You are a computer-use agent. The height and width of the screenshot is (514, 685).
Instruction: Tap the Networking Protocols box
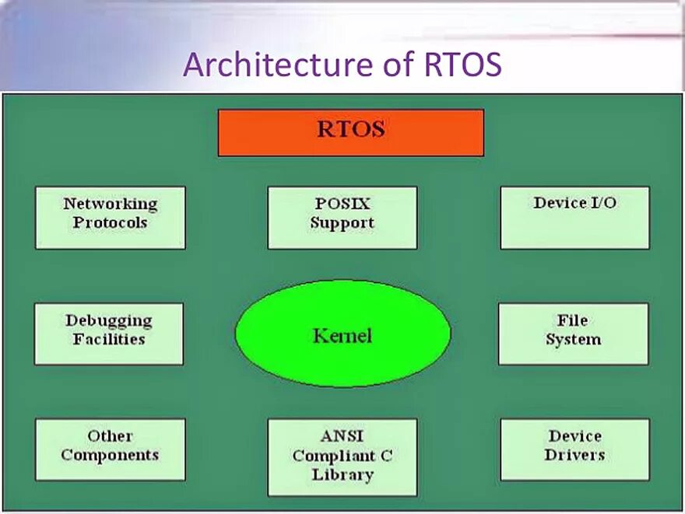point(110,218)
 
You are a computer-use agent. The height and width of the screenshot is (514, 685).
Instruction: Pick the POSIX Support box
point(342,218)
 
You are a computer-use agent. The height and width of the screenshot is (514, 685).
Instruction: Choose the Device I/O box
point(574,218)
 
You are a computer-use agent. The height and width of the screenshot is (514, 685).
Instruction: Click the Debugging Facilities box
point(109,334)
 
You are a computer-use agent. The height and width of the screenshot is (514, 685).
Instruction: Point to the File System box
point(573,334)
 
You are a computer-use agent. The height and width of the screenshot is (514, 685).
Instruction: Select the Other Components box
point(110,449)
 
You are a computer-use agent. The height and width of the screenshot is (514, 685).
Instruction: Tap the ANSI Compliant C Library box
point(342,457)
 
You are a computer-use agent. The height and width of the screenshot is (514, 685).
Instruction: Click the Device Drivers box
point(574,449)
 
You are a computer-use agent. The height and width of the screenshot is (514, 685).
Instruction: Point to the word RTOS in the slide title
point(463,65)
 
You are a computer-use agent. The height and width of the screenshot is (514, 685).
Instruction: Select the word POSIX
point(342,204)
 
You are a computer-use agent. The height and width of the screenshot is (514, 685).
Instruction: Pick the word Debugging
point(109,320)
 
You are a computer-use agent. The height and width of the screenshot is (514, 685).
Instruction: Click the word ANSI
point(342,435)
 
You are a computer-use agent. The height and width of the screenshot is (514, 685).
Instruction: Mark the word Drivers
point(575,455)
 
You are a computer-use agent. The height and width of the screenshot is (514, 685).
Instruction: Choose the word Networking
point(110,205)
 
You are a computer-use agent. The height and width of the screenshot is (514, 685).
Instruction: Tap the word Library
point(342,474)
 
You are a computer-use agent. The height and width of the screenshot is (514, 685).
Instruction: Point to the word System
point(573,340)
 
